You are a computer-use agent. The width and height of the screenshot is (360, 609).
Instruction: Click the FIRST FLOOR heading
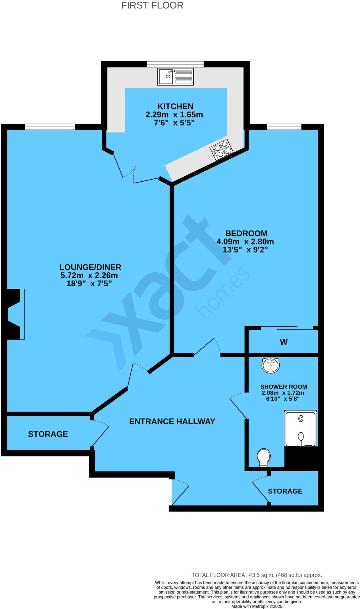click(x=152, y=5)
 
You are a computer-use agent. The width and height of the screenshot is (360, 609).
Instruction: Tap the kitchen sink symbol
click(x=176, y=76)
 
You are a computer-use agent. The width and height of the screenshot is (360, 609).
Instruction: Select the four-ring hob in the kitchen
click(x=222, y=150)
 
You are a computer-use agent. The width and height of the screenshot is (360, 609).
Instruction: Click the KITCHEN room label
click(x=175, y=106)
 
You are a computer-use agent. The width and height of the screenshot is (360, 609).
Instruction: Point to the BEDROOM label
click(x=246, y=233)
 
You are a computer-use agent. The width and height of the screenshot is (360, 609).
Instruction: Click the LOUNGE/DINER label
click(x=90, y=267)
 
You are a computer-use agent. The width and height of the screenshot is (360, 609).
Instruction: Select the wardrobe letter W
click(x=284, y=342)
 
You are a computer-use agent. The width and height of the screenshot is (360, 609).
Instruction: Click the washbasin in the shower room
click(x=270, y=365)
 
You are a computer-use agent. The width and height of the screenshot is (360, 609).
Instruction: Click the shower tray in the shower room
click(x=300, y=429)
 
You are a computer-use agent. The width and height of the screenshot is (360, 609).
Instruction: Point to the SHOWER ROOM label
click(x=284, y=387)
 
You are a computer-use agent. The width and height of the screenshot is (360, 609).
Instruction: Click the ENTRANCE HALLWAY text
click(x=172, y=421)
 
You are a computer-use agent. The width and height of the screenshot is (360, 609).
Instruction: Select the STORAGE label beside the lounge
click(x=48, y=434)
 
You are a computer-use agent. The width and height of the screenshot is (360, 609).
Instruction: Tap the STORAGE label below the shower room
click(x=285, y=491)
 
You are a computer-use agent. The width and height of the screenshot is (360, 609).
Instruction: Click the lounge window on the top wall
click(x=50, y=127)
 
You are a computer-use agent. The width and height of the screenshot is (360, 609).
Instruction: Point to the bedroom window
click(x=284, y=127)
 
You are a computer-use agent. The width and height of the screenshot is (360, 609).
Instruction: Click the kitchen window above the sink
click(x=175, y=64)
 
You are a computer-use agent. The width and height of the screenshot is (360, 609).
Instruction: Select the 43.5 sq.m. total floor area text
click(x=256, y=575)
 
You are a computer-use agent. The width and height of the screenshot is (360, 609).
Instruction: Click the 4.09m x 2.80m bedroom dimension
click(x=245, y=241)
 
